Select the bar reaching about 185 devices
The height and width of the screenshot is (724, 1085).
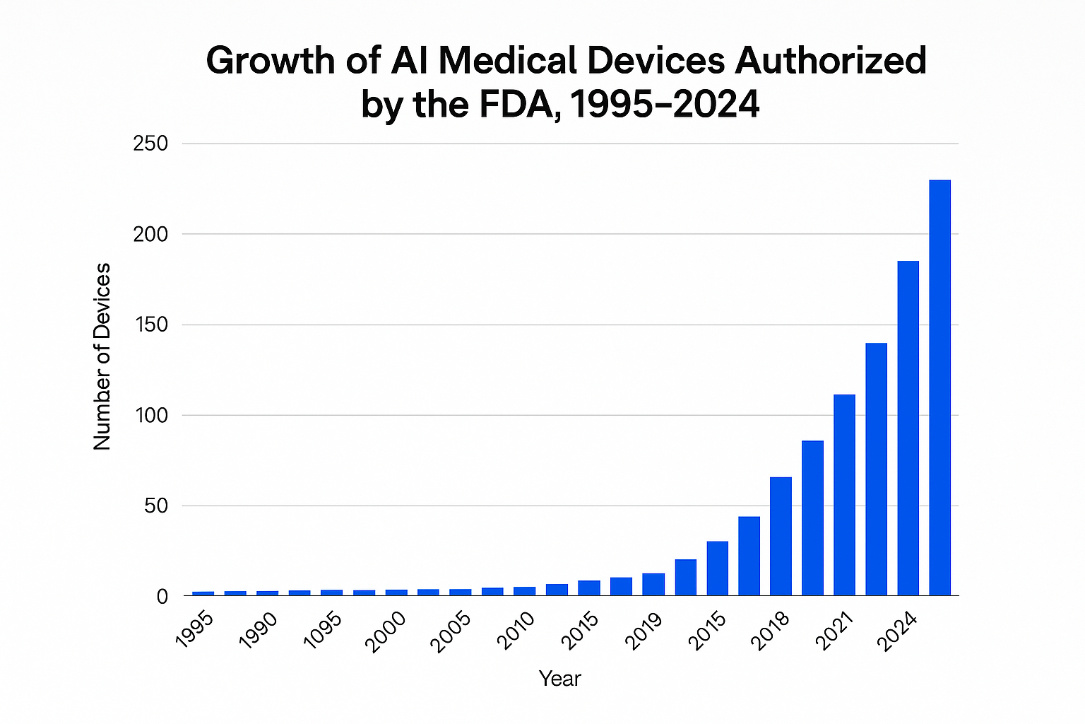[x=908, y=428]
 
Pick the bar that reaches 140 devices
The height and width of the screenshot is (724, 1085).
[x=876, y=469]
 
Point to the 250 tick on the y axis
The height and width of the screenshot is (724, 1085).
[x=150, y=144]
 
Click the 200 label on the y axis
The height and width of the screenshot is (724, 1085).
[x=150, y=234]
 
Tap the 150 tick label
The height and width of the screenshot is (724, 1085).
[x=150, y=325]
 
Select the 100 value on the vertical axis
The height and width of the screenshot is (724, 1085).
[x=150, y=415]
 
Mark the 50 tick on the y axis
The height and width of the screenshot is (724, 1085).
[x=156, y=506]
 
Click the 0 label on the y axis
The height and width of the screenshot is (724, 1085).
[x=162, y=596]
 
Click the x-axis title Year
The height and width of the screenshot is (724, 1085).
[x=559, y=679]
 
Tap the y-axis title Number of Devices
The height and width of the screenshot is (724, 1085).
[x=102, y=356]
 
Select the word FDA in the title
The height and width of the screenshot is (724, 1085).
[x=512, y=105]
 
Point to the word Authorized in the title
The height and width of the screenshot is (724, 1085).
[x=831, y=61]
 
